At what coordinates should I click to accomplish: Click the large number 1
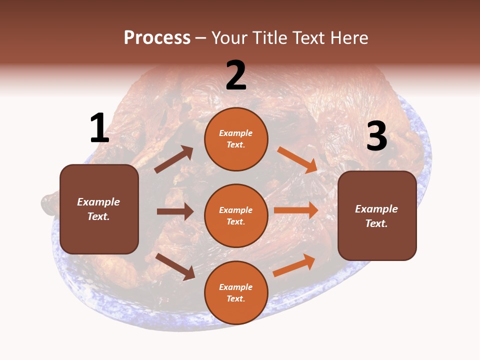coord(99,128)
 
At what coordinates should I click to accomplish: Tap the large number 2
coord(236,75)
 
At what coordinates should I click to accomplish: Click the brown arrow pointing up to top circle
coord(174,159)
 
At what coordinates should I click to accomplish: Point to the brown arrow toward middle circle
coord(175,211)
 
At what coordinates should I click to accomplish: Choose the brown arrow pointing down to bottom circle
coord(175,266)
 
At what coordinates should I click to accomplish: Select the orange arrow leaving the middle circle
coord(296,210)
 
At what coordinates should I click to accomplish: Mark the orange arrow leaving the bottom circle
coord(294,265)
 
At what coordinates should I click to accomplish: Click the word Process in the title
coord(157,37)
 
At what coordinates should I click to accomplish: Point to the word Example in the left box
coord(98,202)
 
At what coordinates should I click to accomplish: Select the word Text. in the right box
coord(376,223)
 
